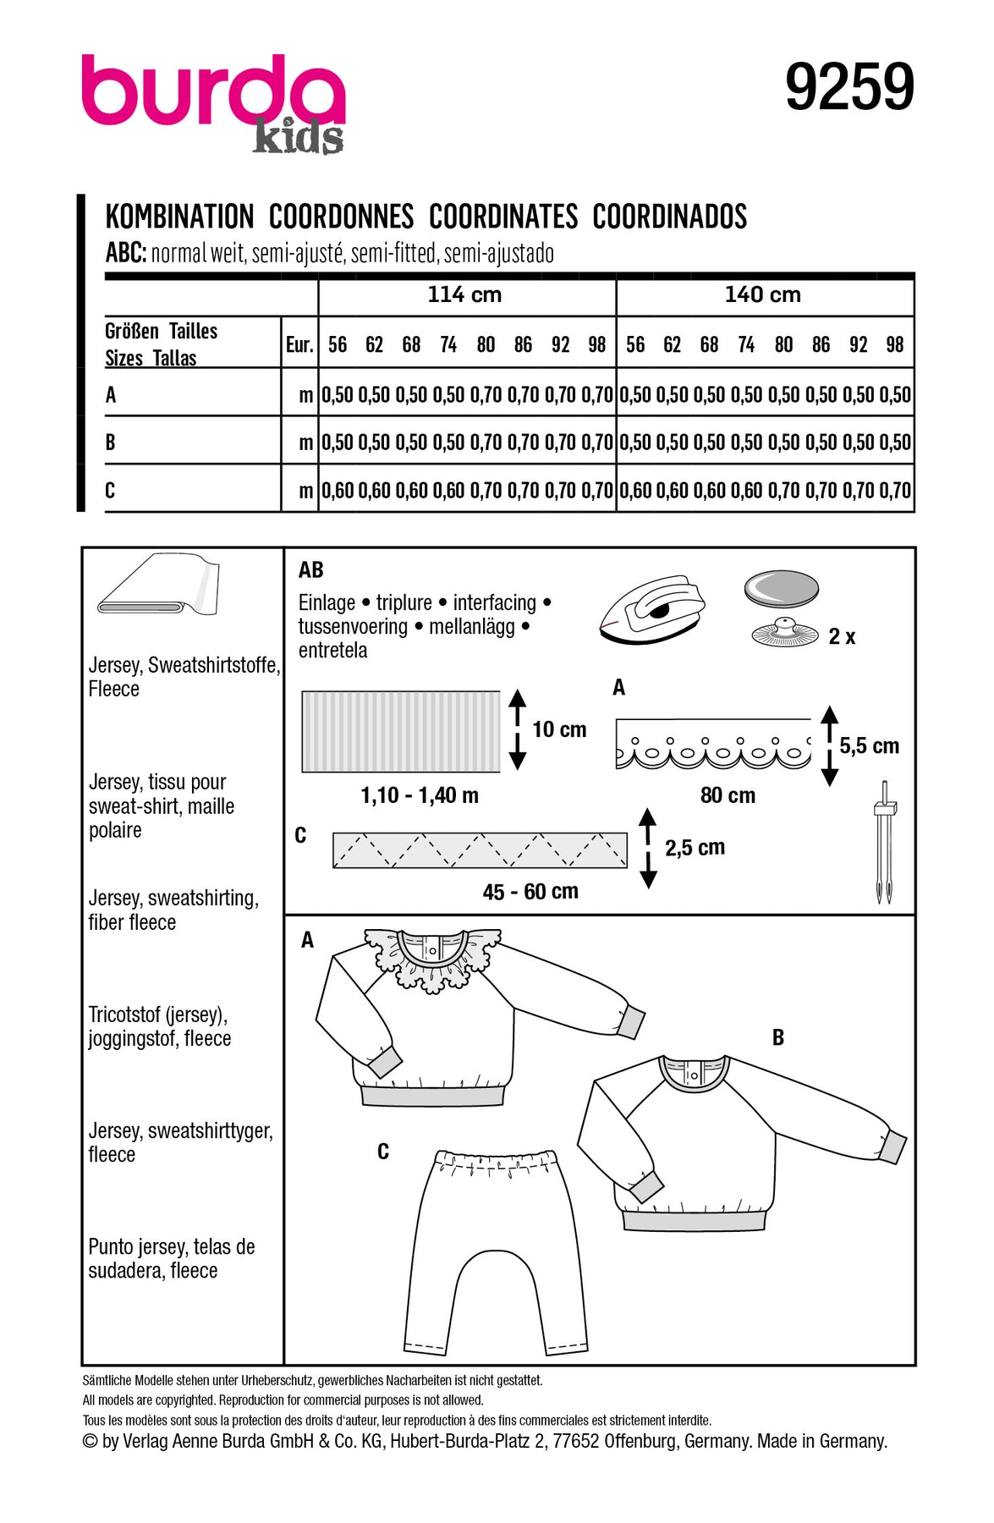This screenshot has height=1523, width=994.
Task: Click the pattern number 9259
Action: click(849, 86)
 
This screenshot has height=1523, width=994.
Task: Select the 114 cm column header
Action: click(464, 294)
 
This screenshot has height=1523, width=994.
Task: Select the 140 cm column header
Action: click(762, 294)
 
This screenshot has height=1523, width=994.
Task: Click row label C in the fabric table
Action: click(110, 490)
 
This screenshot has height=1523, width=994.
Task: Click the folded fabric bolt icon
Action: click(158, 586)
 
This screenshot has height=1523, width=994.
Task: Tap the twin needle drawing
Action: click(884, 841)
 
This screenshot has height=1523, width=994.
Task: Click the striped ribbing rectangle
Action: click(401, 732)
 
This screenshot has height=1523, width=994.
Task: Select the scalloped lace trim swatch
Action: click(712, 745)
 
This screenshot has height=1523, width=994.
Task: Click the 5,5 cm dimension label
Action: click(869, 745)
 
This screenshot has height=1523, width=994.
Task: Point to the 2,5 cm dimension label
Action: click(695, 847)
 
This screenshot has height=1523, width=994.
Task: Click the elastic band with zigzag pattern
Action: click(480, 850)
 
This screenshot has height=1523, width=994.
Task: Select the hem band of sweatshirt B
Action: click(694, 1220)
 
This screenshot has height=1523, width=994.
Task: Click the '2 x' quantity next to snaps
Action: click(842, 636)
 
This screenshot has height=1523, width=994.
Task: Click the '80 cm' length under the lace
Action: click(728, 795)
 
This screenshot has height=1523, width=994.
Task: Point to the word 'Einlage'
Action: click(327, 602)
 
